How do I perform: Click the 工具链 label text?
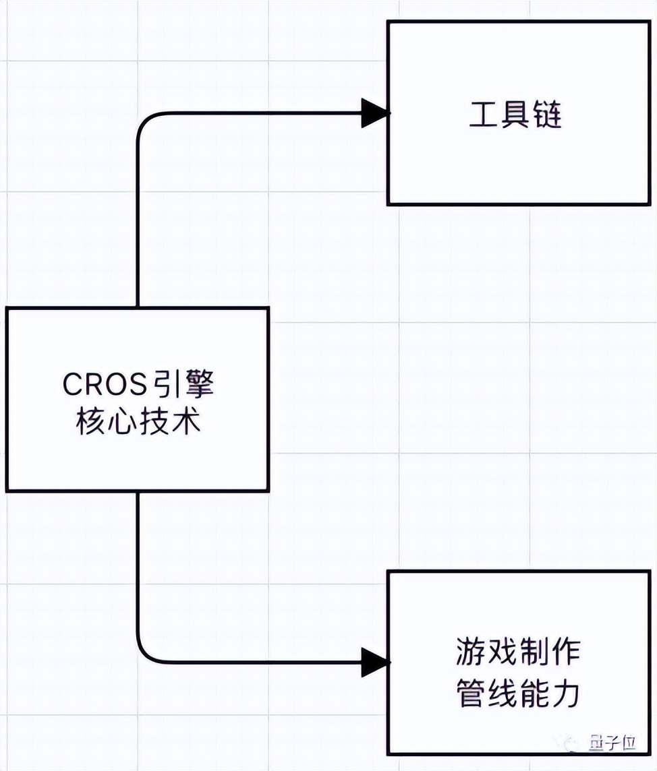[516, 117]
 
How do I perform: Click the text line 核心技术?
[138, 423]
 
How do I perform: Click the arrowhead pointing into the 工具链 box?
[375, 113]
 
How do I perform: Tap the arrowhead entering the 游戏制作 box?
[375, 662]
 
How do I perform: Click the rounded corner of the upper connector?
[144, 121]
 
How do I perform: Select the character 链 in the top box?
[548, 117]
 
